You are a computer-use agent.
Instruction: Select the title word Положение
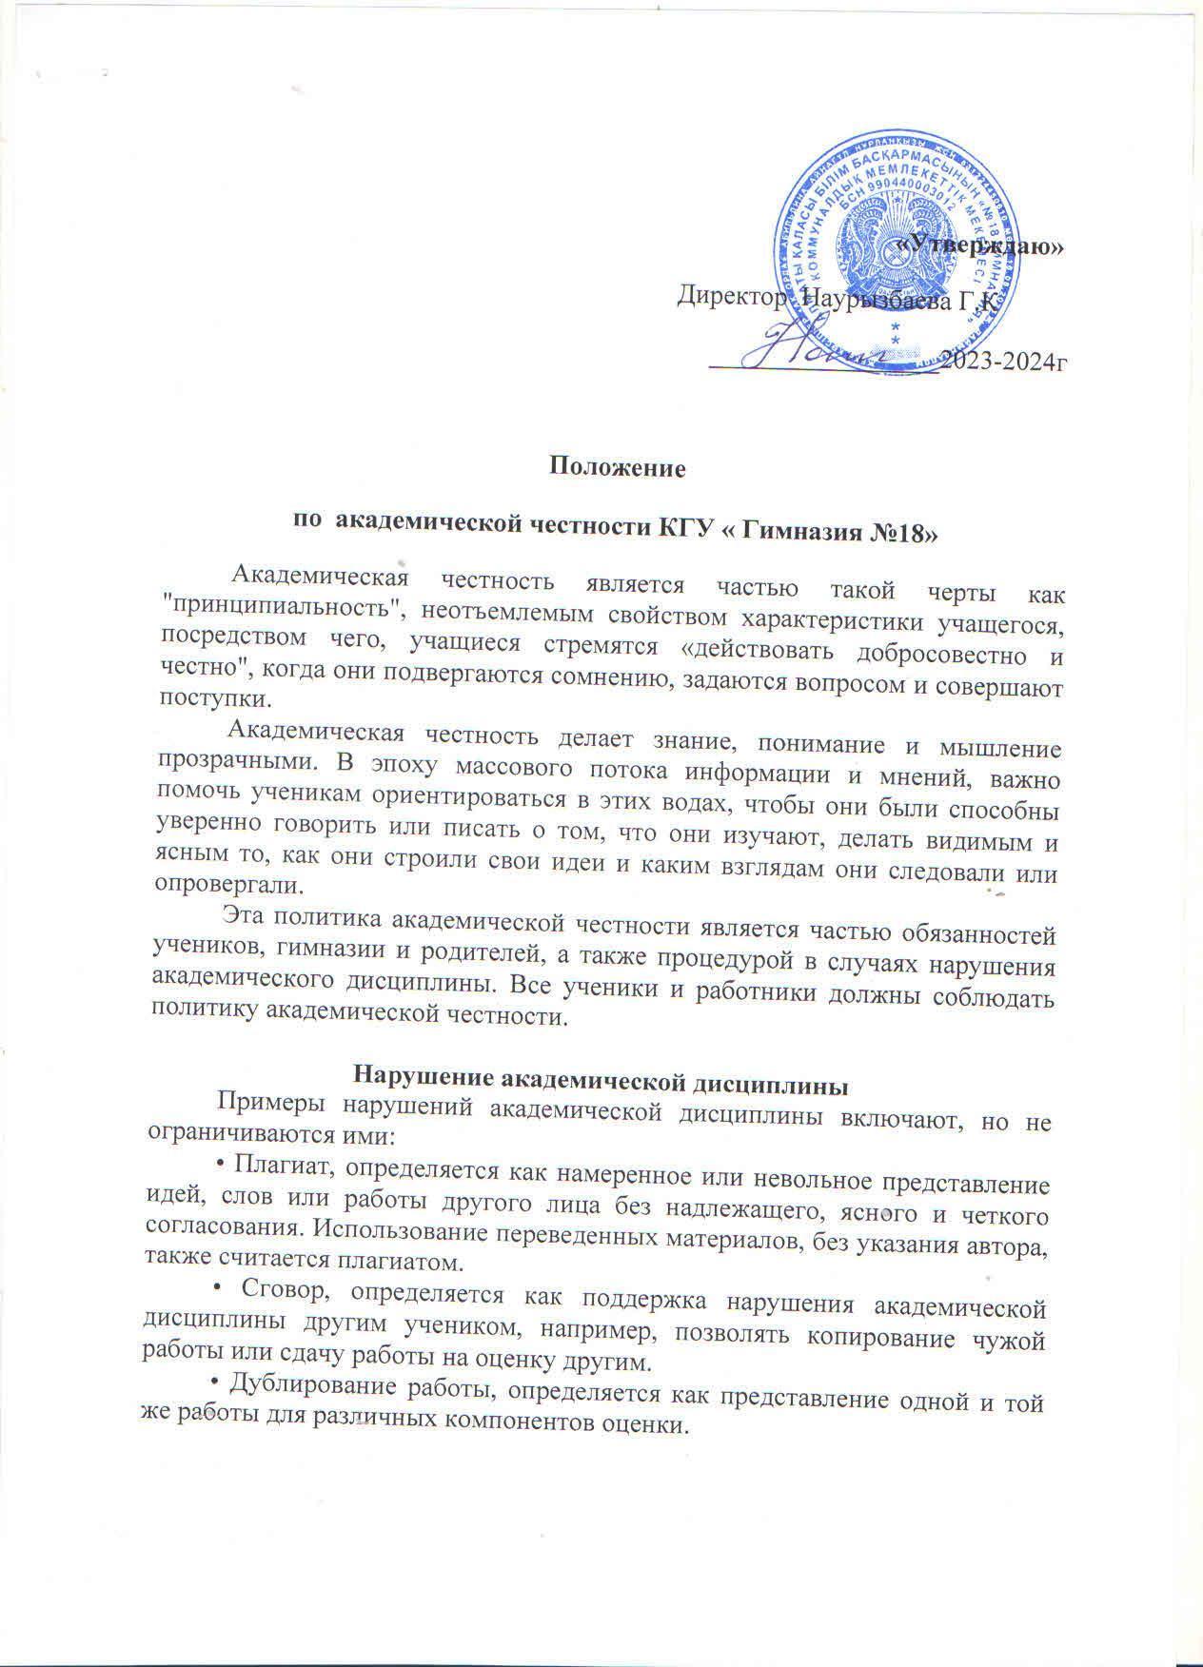tap(605, 468)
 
